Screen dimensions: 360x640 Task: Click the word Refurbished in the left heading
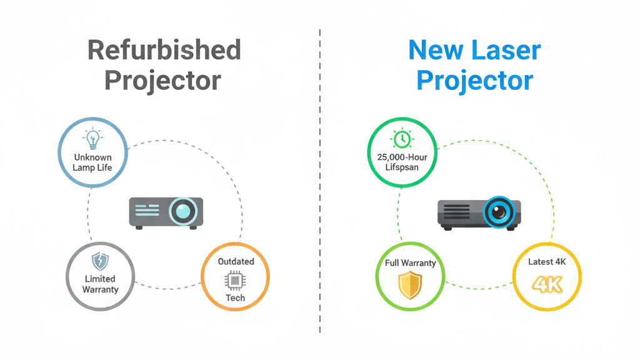[x=164, y=50]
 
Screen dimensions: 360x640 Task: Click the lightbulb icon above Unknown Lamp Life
[x=92, y=139]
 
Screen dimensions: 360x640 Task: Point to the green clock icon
[x=401, y=139]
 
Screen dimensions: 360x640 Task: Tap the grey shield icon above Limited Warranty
[x=100, y=261]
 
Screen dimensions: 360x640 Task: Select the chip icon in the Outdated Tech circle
[x=235, y=281]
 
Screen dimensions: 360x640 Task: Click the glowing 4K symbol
[x=547, y=284]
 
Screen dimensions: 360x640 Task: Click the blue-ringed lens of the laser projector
[x=499, y=212]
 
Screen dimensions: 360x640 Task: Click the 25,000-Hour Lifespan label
[x=402, y=162]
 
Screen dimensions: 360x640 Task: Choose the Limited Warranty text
[x=100, y=284]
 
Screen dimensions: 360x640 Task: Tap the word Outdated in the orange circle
[x=235, y=261]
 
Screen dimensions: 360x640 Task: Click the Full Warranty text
[x=410, y=263]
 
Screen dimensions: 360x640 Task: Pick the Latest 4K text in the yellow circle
[x=547, y=262]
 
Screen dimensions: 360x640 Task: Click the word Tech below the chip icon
[x=235, y=298]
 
